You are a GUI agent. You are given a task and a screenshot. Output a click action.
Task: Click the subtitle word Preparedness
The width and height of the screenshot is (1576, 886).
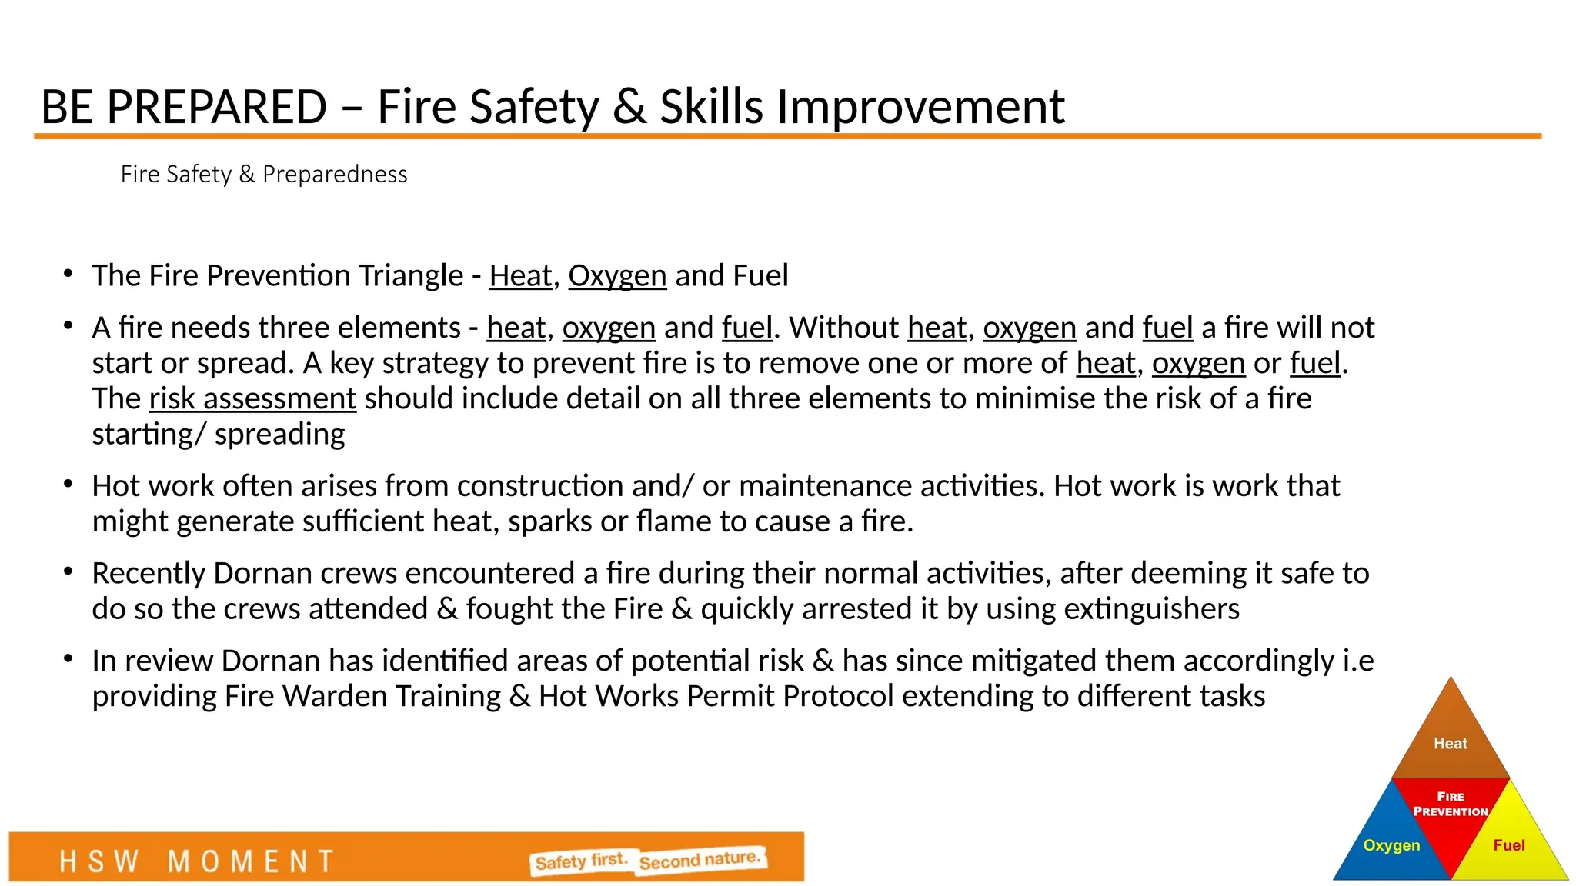[335, 175]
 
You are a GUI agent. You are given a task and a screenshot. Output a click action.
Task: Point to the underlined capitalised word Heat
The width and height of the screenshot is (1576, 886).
[520, 275]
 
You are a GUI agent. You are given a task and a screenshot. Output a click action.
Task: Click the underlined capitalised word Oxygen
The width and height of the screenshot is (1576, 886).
[617, 275]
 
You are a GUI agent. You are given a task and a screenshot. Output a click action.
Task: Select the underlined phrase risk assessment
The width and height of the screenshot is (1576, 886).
[252, 398]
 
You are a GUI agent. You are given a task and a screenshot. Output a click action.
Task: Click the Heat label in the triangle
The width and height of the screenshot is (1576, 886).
[1451, 744]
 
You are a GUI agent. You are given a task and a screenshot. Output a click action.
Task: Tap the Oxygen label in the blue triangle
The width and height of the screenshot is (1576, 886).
[1391, 845]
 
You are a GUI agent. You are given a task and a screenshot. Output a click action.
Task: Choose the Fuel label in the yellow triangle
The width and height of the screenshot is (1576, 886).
[1508, 845]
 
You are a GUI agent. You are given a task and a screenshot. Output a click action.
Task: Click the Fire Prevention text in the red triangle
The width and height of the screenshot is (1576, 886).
[1451, 804]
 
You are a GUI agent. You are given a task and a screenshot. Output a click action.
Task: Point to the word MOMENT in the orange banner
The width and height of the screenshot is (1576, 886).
[251, 861]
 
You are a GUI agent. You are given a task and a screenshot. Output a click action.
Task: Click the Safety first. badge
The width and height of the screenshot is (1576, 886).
[582, 861]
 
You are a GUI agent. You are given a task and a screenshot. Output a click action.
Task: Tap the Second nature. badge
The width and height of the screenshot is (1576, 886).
[701, 860]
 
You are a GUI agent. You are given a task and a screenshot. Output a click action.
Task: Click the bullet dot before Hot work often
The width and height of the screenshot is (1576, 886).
[68, 485]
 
